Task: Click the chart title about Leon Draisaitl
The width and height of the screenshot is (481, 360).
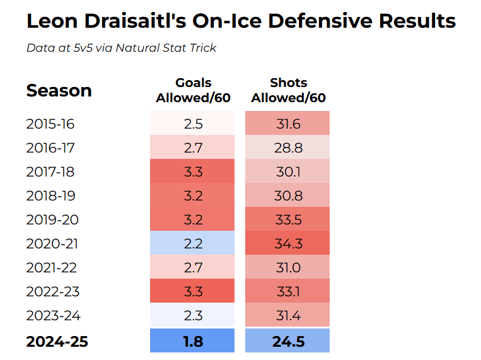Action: click(x=241, y=21)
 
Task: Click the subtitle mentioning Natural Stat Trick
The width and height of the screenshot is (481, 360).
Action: click(x=121, y=48)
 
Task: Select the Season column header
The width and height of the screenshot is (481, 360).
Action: click(x=59, y=91)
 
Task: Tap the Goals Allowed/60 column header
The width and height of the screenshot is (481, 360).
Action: click(x=193, y=90)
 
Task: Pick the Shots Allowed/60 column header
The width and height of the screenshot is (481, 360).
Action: click(x=288, y=90)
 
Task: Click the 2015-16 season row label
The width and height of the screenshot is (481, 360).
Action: click(x=54, y=124)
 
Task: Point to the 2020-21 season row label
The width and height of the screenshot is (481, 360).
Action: click(x=54, y=243)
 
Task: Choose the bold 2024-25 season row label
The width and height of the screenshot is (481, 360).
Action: click(x=57, y=342)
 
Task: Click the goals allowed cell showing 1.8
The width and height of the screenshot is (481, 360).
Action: click(x=193, y=341)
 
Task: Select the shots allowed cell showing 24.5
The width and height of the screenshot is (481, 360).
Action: click(x=288, y=341)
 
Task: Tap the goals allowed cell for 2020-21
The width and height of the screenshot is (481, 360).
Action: click(x=193, y=243)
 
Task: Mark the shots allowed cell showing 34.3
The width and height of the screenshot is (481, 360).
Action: click(x=288, y=243)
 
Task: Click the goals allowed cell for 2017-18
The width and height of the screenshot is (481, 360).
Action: click(x=193, y=171)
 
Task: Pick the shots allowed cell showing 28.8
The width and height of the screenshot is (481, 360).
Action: click(x=288, y=148)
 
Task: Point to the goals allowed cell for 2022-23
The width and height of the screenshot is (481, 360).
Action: click(x=193, y=291)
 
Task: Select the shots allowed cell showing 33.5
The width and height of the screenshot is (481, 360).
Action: click(x=288, y=219)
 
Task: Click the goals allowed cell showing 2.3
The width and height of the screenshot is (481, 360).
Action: click(x=193, y=315)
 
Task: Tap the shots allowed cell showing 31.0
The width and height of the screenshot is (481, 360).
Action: click(x=288, y=267)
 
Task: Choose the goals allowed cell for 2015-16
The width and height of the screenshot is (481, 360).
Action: click(x=193, y=124)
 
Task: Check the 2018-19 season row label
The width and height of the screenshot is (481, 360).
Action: click(x=54, y=195)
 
